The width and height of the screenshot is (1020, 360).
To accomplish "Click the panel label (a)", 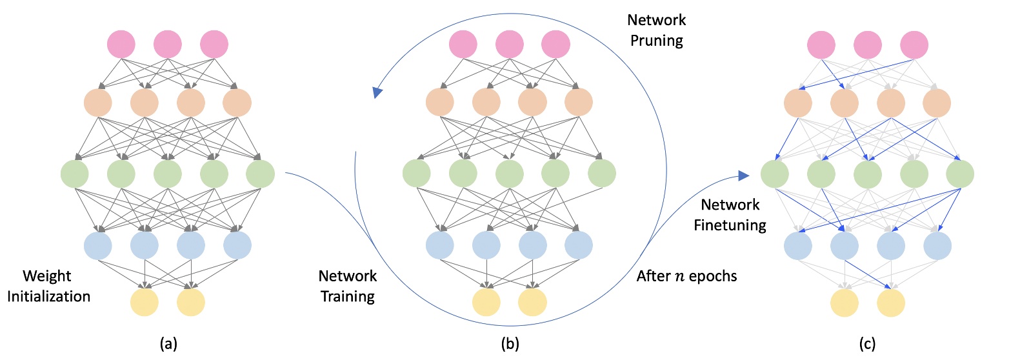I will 168,344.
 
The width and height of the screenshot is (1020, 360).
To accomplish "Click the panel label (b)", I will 510,344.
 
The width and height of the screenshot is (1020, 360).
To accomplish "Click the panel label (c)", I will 867,344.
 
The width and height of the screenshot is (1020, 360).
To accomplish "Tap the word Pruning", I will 656,41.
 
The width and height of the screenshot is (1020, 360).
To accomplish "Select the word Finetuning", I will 730,225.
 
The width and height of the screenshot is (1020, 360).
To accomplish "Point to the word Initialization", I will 48,296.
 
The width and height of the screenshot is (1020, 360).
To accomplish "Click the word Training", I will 348,296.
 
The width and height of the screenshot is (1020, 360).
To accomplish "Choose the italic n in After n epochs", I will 679,277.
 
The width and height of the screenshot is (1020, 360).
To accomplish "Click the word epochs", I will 713,277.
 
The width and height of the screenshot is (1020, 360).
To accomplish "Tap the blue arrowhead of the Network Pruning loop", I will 377,93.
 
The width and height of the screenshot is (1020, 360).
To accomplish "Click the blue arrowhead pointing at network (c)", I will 743,175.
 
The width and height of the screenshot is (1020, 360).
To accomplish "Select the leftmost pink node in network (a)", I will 121,45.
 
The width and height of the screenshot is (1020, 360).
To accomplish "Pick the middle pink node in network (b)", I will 510,45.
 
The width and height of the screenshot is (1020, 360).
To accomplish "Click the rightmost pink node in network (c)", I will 914,45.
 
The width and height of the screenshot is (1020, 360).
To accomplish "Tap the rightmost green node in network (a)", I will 261,174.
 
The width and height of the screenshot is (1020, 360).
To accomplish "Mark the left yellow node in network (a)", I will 145,303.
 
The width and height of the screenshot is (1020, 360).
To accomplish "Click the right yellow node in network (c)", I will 891,303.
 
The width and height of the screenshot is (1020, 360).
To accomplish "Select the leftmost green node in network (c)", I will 775,174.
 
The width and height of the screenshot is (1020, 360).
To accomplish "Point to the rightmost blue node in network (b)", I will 579,245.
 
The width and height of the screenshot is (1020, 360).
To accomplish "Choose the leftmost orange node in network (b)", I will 440,102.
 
